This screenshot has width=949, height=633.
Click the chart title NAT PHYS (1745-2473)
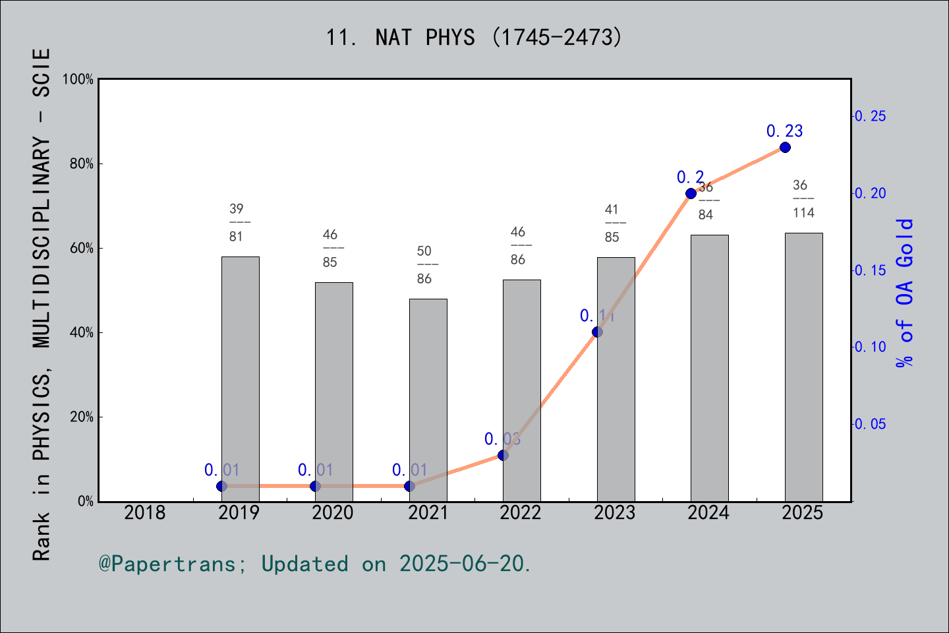(474, 38)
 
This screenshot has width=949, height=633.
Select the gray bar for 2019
(240, 378)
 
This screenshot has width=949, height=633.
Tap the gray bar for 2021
(428, 400)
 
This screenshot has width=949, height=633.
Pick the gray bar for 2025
(803, 367)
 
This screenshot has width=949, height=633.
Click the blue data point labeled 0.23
(785, 147)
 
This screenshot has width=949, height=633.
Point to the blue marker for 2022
(503, 455)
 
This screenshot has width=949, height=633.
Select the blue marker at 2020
(315, 486)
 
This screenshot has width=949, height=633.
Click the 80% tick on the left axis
(82, 164)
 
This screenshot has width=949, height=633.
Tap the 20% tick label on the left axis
(82, 417)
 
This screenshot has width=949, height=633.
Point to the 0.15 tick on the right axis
(870, 270)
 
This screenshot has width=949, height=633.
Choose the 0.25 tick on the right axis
(870, 116)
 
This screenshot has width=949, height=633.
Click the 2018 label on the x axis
(145, 512)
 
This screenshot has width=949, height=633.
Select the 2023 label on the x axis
(614, 512)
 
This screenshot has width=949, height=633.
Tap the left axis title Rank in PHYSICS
(42, 303)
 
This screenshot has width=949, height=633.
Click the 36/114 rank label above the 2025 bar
(803, 198)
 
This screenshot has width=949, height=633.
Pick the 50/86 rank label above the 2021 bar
(424, 264)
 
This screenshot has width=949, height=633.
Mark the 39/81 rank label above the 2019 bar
(236, 222)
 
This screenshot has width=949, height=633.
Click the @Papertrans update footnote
(315, 564)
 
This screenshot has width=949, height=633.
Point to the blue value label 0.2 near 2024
(690, 177)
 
